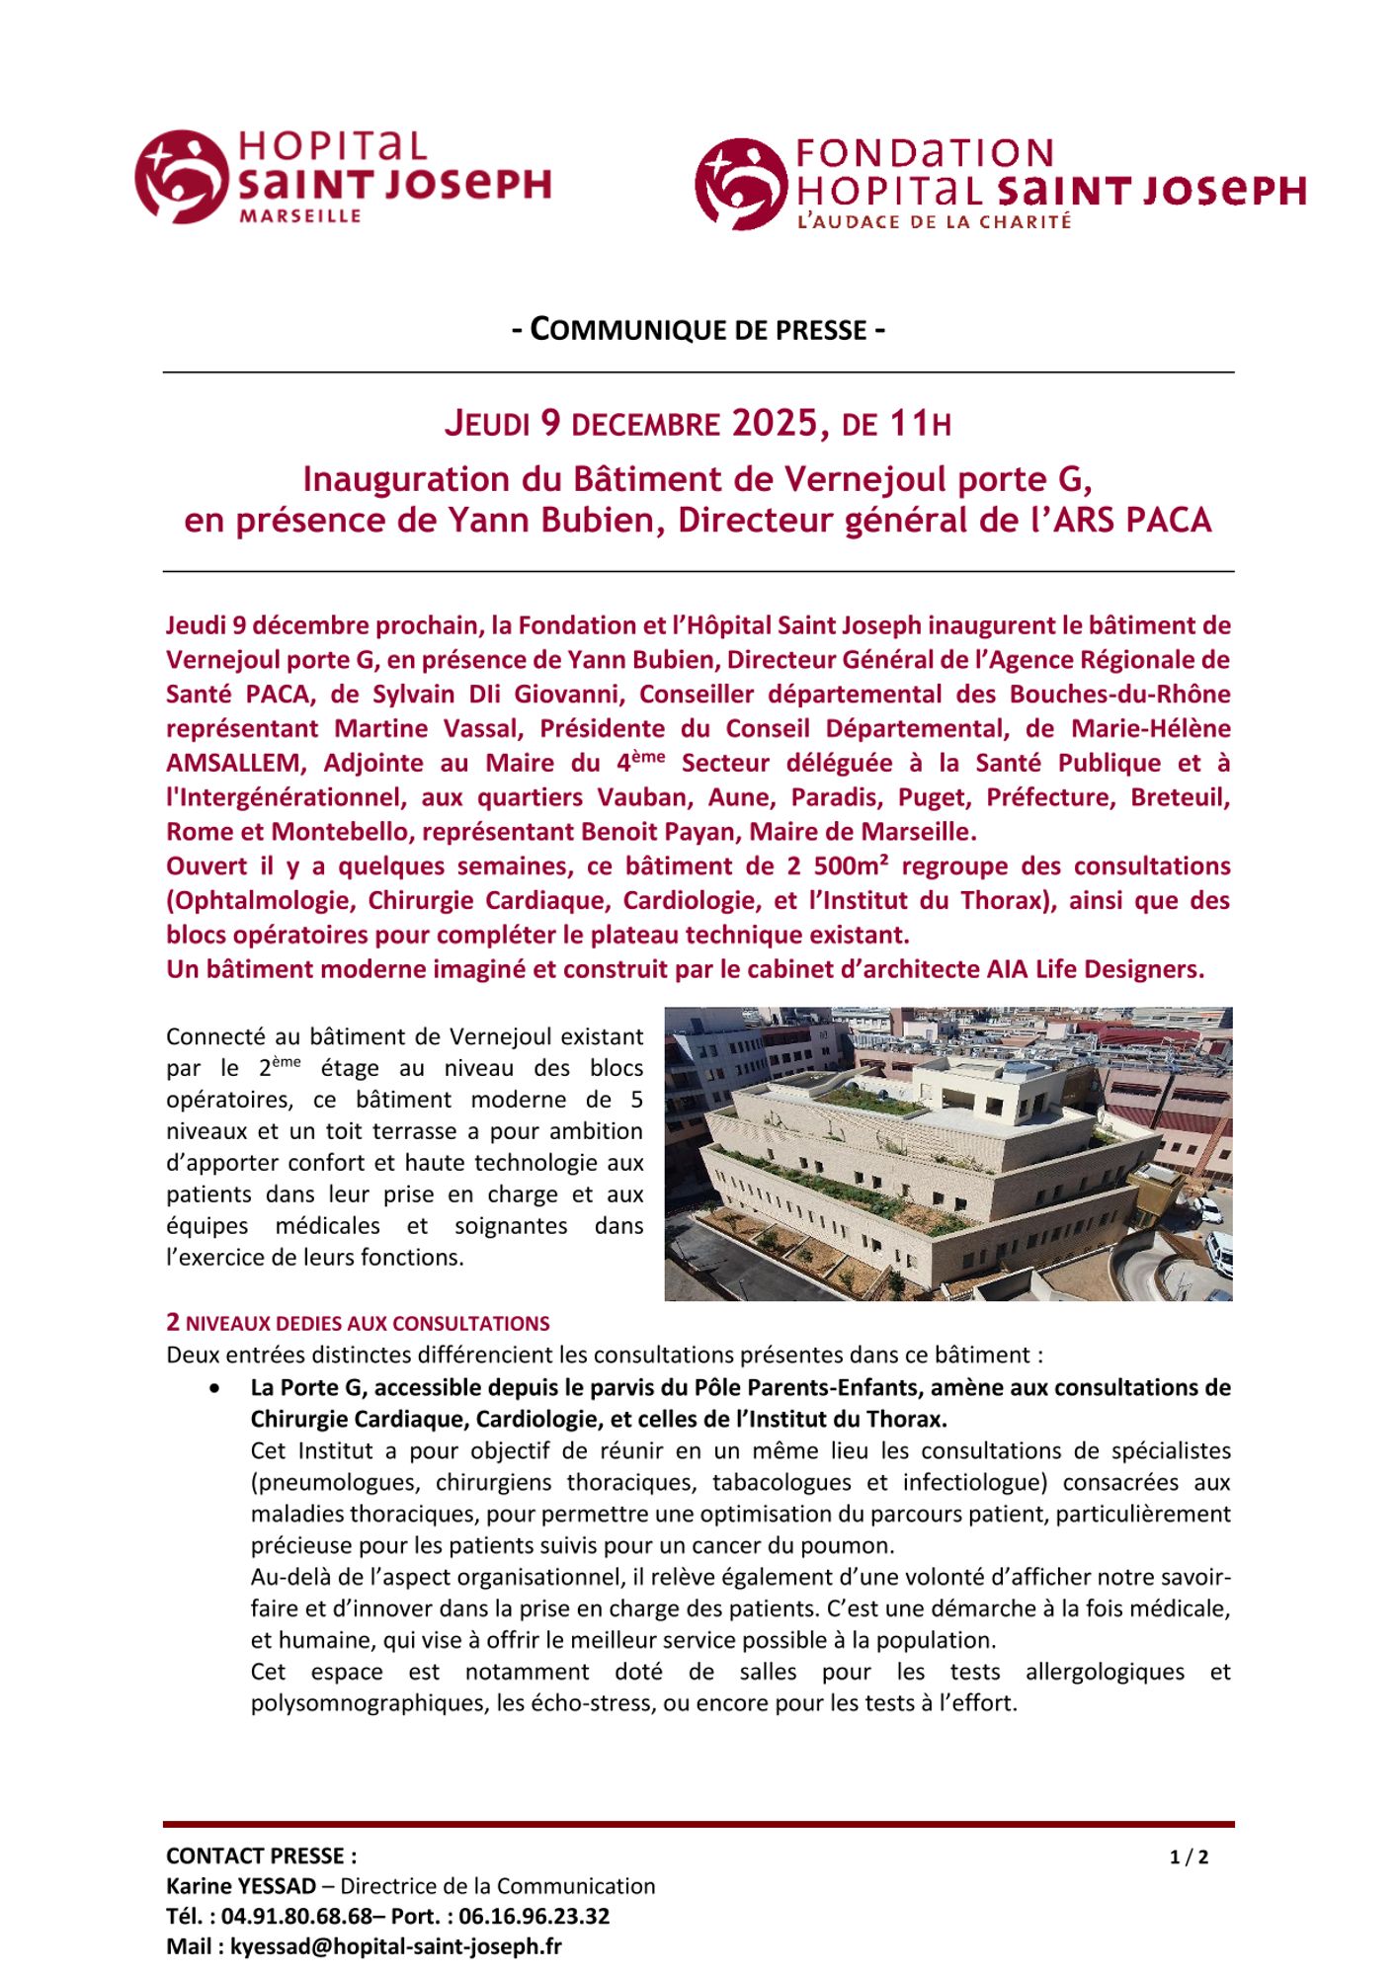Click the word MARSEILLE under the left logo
coord(299,215)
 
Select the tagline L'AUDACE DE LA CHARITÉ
coord(934,222)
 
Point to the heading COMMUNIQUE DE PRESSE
coord(699,329)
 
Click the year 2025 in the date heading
coord(776,424)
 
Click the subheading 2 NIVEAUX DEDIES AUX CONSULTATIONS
coord(358,1323)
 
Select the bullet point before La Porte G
coord(215,1388)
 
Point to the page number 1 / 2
coord(1189,1856)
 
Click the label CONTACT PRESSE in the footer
coord(261,1855)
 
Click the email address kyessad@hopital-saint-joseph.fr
coord(396,1946)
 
